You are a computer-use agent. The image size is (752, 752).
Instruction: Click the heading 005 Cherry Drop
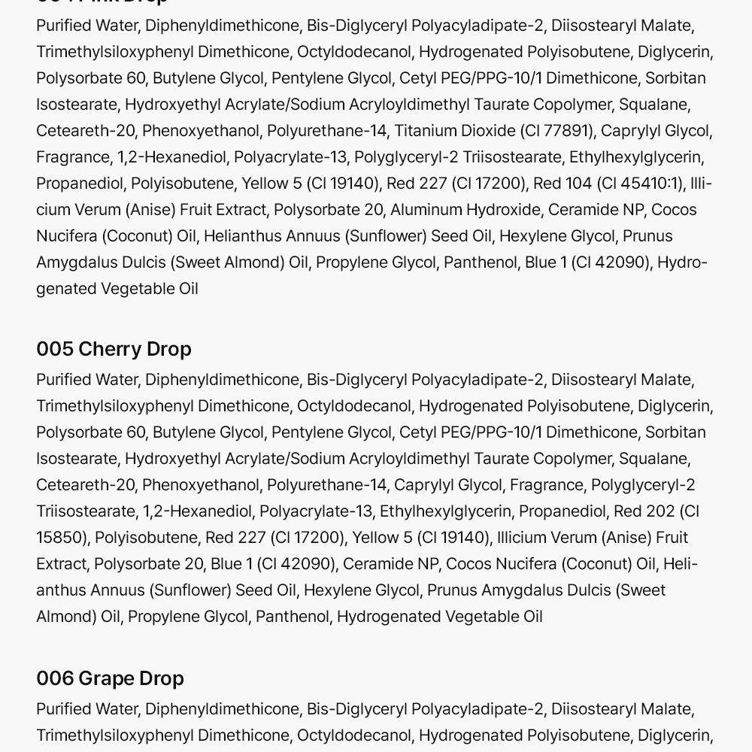coord(114,349)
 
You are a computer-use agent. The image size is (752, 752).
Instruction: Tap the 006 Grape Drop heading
coord(110,678)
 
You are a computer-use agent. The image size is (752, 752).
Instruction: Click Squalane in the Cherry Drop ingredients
coord(653,459)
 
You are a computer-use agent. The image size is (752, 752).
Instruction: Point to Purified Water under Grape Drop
coord(86,709)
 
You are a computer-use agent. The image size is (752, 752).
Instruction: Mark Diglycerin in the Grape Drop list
coord(673,735)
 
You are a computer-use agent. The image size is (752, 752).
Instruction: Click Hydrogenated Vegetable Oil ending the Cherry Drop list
coord(439,617)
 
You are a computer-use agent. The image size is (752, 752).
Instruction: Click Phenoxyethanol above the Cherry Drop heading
coord(201,131)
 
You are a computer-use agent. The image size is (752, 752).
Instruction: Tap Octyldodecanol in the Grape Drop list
coord(353,735)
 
